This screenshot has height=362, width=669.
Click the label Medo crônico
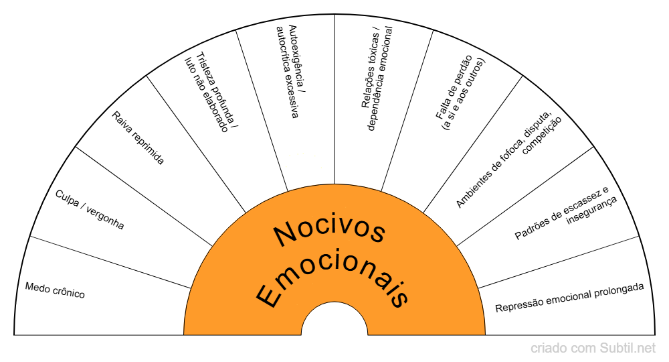pyautogui.click(x=55, y=290)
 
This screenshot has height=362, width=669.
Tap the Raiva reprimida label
pyautogui.click(x=138, y=138)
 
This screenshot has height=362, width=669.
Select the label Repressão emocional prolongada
pyautogui.click(x=569, y=298)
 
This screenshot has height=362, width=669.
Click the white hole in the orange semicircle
pyautogui.click(x=334, y=322)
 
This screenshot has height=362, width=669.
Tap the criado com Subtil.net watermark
pyautogui.click(x=593, y=348)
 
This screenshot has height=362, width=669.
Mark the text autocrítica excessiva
pyautogui.click(x=284, y=71)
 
